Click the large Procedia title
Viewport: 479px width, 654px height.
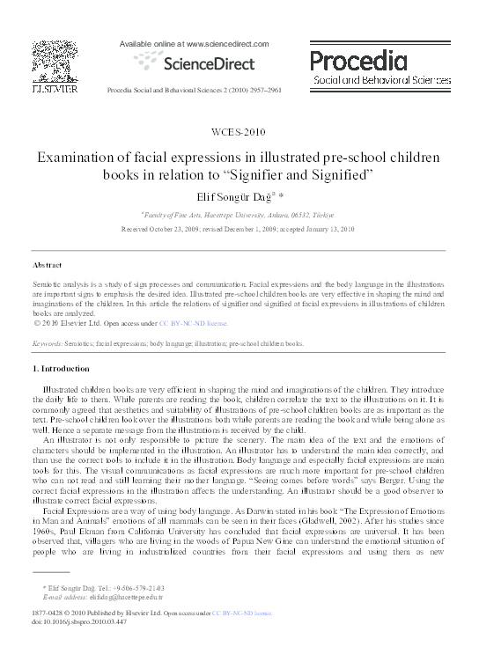pyautogui.click(x=357, y=60)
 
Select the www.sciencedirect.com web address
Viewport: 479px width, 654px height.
pyautogui.click(x=210, y=42)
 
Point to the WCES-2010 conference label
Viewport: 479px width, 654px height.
pyautogui.click(x=239, y=132)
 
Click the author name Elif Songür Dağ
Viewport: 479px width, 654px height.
pyautogui.click(x=233, y=199)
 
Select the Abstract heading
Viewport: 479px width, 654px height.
pyautogui.click(x=47, y=265)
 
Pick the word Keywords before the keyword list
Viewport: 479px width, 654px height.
pyautogui.click(x=48, y=344)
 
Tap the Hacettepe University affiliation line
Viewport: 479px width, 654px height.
pyautogui.click(x=239, y=214)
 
